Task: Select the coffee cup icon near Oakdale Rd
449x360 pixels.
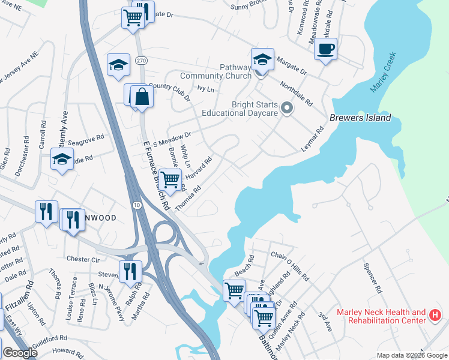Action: [x=325, y=49]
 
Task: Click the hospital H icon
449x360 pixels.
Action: [x=436, y=315]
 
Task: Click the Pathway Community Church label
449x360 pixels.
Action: [x=217, y=71]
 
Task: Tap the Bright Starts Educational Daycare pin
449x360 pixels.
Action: [x=287, y=109]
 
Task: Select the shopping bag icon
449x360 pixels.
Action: [x=142, y=97]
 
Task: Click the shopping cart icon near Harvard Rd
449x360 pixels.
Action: [x=171, y=179]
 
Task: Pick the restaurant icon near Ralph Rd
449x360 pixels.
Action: [x=130, y=271]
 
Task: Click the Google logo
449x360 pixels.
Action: [x=20, y=353]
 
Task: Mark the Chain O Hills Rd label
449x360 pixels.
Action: [x=289, y=268]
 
